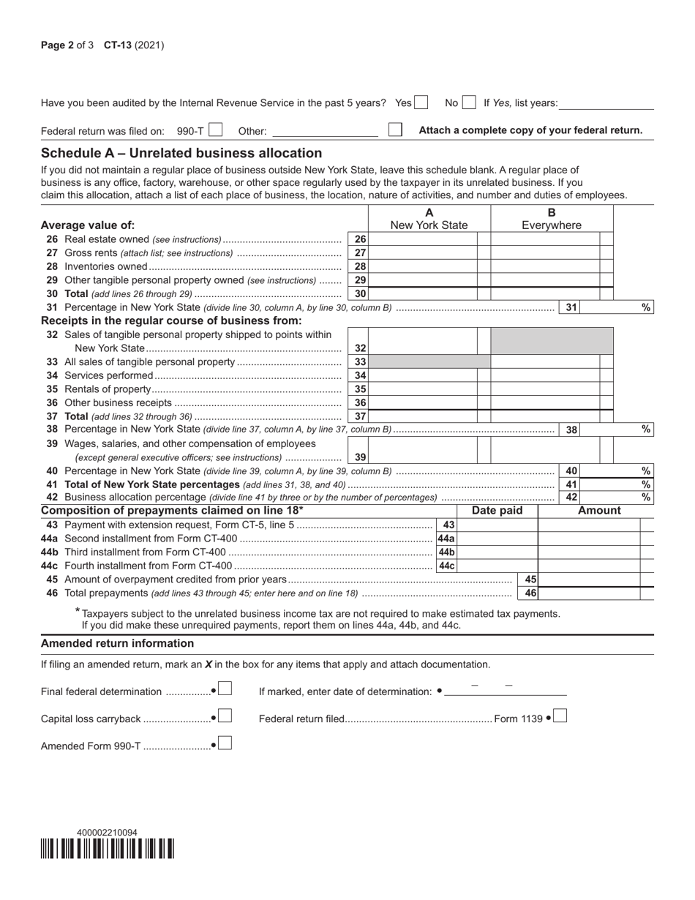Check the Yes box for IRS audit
coord(421,103)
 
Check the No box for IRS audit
coord(469,103)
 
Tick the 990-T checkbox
coord(215,130)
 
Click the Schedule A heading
coord(181,153)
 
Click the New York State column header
coord(429,225)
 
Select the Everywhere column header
coord(552,225)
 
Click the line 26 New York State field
coord(422,239)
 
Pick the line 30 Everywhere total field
coord(544,293)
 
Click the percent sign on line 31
coord(646,307)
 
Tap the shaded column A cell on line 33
coord(429,361)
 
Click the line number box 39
coord(360,457)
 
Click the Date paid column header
coord(497,511)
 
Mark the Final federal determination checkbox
coord(225,689)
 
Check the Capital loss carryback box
coord(225,716)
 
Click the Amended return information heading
coord(118,643)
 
